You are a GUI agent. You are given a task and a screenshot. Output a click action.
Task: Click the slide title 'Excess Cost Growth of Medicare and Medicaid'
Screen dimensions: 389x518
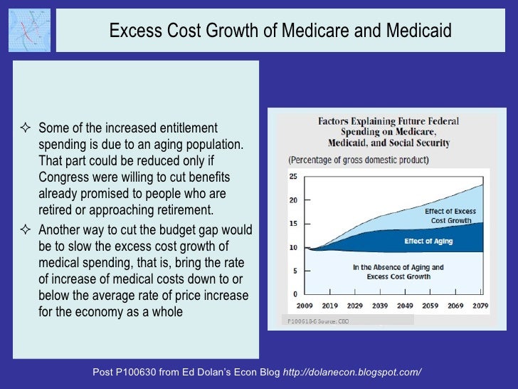pyautogui.click(x=280, y=31)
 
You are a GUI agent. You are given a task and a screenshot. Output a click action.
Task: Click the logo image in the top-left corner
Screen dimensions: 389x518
pyautogui.click(x=30, y=30)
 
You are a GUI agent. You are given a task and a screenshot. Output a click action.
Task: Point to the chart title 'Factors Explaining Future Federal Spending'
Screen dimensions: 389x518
pyautogui.click(x=388, y=133)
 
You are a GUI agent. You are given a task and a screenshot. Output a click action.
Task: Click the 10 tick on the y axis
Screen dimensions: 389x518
pyautogui.click(x=292, y=247)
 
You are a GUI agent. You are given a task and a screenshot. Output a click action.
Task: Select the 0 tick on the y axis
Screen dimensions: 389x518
pyautogui.click(x=294, y=294)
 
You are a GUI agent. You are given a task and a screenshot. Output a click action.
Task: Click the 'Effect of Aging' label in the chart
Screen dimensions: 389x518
pyautogui.click(x=428, y=242)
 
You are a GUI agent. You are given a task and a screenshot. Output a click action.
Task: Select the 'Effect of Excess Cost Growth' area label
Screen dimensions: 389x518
pyautogui.click(x=450, y=216)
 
